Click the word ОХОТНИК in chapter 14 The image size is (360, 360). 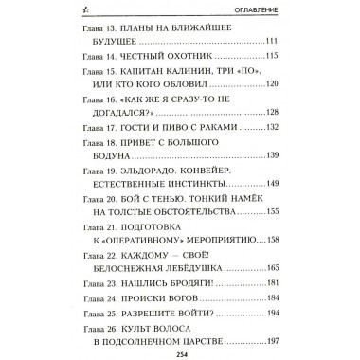click(x=184, y=62)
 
